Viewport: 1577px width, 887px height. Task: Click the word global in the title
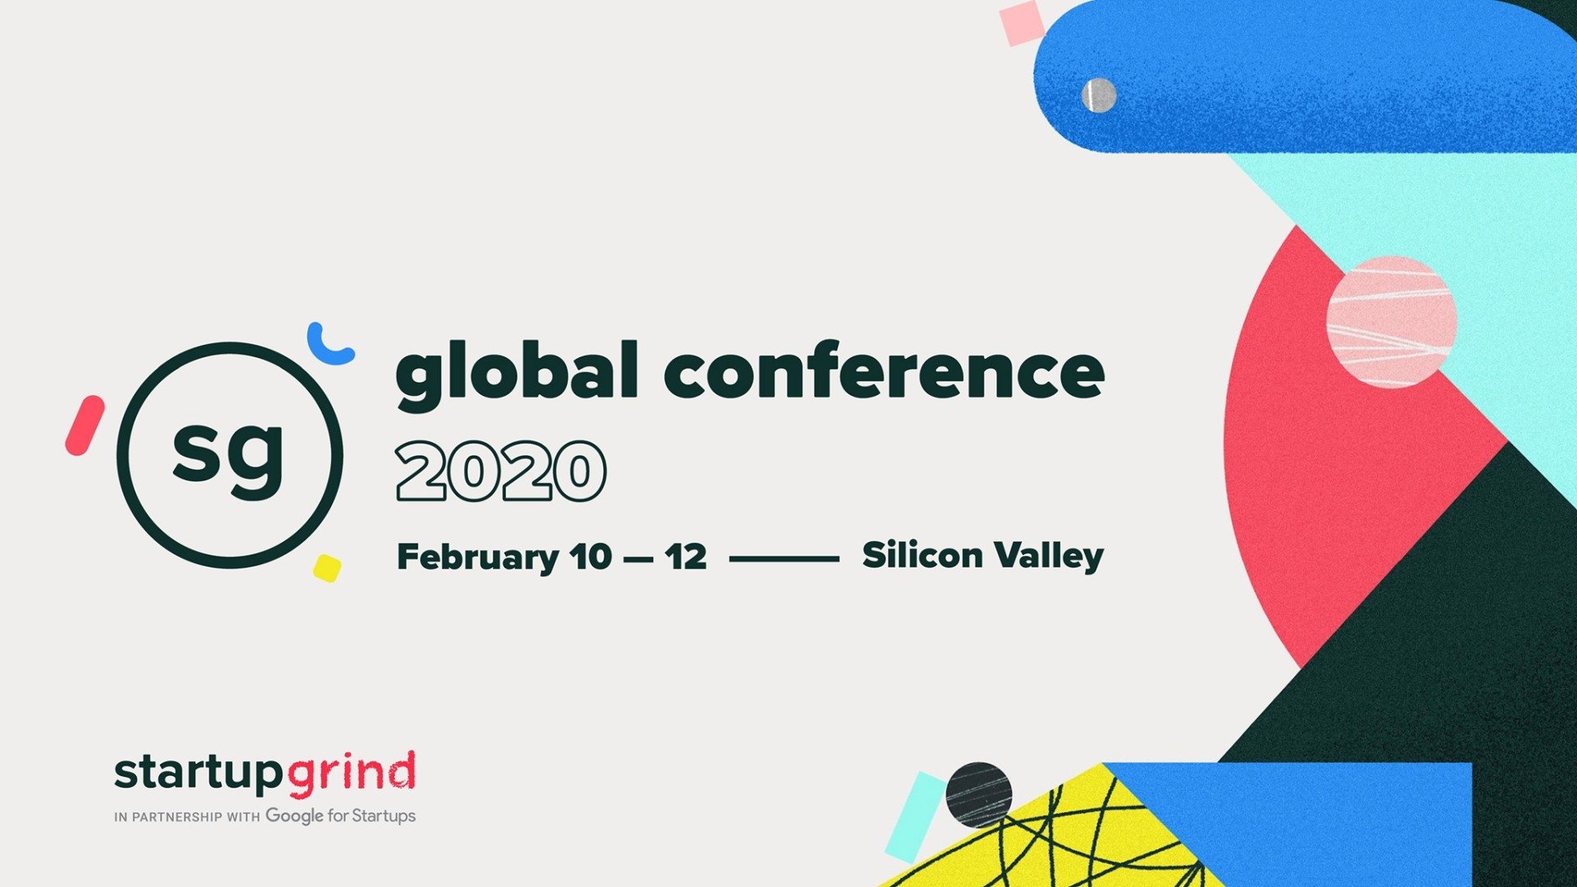[x=517, y=376]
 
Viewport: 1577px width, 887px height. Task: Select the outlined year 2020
[x=501, y=471]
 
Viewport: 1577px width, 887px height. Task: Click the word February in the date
[x=478, y=558]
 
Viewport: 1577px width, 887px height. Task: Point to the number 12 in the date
[x=686, y=557]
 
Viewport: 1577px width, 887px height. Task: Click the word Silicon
[x=922, y=554]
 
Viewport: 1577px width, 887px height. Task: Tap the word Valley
[x=1050, y=556]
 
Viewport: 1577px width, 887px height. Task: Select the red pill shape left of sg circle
[x=85, y=425]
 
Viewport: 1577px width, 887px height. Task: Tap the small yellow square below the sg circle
[x=327, y=568]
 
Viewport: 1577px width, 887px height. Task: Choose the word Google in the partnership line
[x=294, y=816]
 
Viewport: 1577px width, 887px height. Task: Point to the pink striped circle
[x=1391, y=322]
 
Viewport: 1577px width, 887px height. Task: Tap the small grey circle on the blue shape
[x=1099, y=95]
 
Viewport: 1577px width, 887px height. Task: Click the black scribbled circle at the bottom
[x=978, y=795]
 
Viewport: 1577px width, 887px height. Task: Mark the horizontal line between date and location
[x=784, y=558]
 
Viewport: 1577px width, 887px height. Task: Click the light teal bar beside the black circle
[x=916, y=816]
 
